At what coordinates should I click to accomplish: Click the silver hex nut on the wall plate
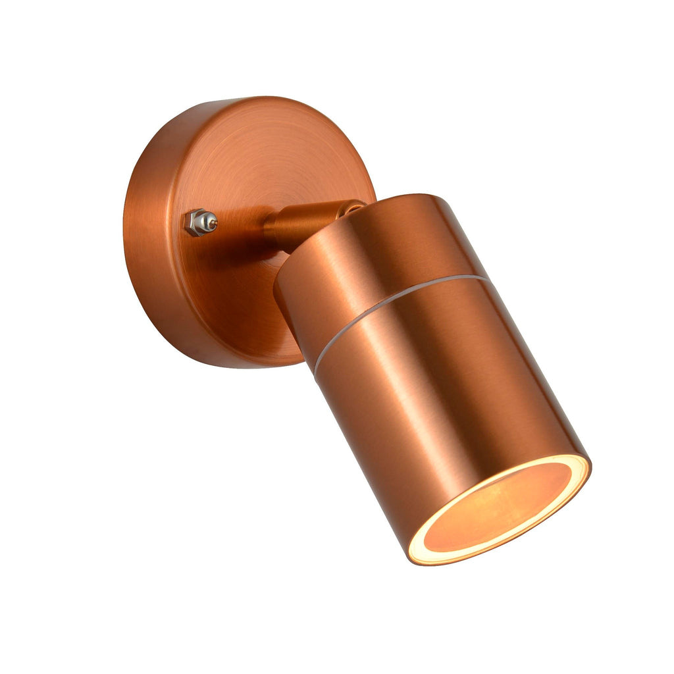[196, 222]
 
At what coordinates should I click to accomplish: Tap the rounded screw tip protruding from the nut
[212, 222]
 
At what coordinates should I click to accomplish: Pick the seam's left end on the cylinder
[316, 370]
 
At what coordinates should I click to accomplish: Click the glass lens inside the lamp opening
[500, 507]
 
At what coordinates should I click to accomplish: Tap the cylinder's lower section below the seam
[448, 408]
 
